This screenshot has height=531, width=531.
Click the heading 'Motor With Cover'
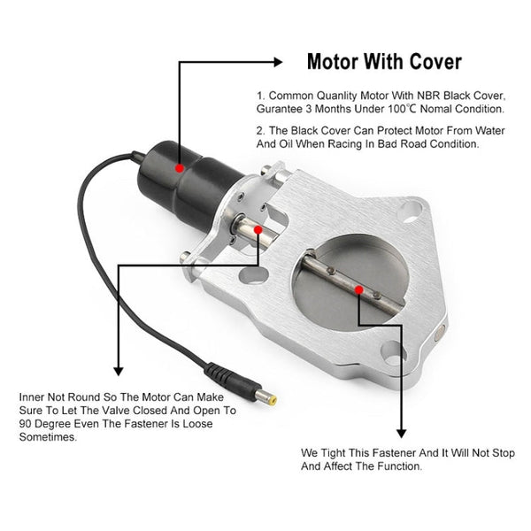[383, 62]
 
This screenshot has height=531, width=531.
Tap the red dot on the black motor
[180, 166]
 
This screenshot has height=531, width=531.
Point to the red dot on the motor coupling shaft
[258, 229]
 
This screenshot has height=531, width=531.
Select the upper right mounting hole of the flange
[409, 210]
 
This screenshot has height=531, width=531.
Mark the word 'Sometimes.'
[46, 436]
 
